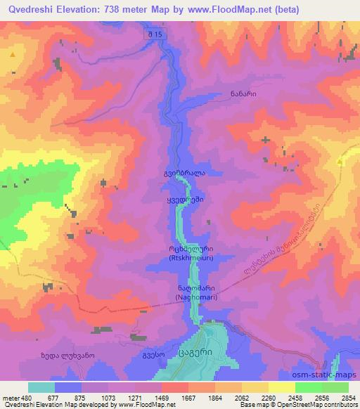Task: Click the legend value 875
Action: [81, 396]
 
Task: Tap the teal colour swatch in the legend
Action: [41, 387]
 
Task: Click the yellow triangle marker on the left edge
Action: [13, 53]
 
